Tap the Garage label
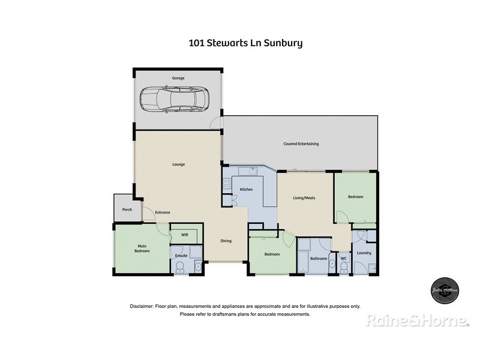click(x=178, y=78)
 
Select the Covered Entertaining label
click(x=301, y=144)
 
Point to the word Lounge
click(x=178, y=164)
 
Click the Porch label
click(x=127, y=209)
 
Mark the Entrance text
click(x=163, y=212)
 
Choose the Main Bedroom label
click(x=142, y=248)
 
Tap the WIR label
click(x=185, y=235)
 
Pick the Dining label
click(x=226, y=241)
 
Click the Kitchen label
click(x=247, y=190)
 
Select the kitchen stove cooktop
click(x=227, y=184)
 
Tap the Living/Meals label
click(x=304, y=198)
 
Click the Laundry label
click(x=364, y=253)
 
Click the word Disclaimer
click(x=142, y=306)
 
